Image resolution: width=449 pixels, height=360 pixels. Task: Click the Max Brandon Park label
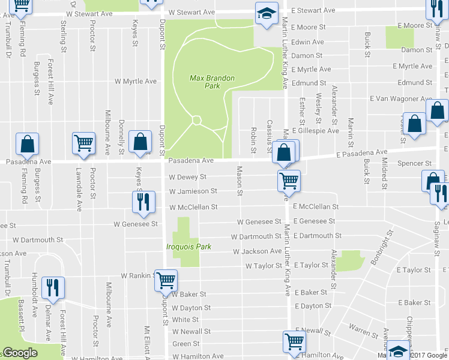point(212,82)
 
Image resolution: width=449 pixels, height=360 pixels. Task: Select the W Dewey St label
point(187,177)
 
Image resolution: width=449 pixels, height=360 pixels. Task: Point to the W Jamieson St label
point(193,191)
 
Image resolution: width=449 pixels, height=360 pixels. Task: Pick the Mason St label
point(239,181)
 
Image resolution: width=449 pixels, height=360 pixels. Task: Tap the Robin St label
point(254,139)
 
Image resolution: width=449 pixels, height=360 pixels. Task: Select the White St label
point(185,320)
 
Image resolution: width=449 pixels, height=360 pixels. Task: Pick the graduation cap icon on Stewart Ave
point(265,14)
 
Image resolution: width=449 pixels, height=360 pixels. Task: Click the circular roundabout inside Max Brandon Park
point(196,121)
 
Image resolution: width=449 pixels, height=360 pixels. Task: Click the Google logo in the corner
point(20,353)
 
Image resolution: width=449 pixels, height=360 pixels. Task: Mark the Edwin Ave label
point(307,42)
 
